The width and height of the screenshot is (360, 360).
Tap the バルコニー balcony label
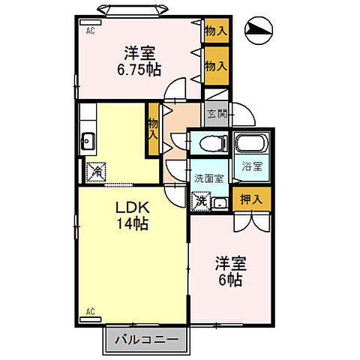(147, 340)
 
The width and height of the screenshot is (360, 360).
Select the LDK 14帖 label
(130, 214)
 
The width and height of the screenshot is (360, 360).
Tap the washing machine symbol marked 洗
(199, 201)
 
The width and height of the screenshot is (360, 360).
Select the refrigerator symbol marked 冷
(97, 172)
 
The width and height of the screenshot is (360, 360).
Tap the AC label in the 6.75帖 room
(89, 31)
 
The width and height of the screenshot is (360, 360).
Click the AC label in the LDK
(89, 310)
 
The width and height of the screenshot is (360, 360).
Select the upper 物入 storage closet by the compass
(217, 31)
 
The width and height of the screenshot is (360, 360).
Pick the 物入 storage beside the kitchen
(153, 129)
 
